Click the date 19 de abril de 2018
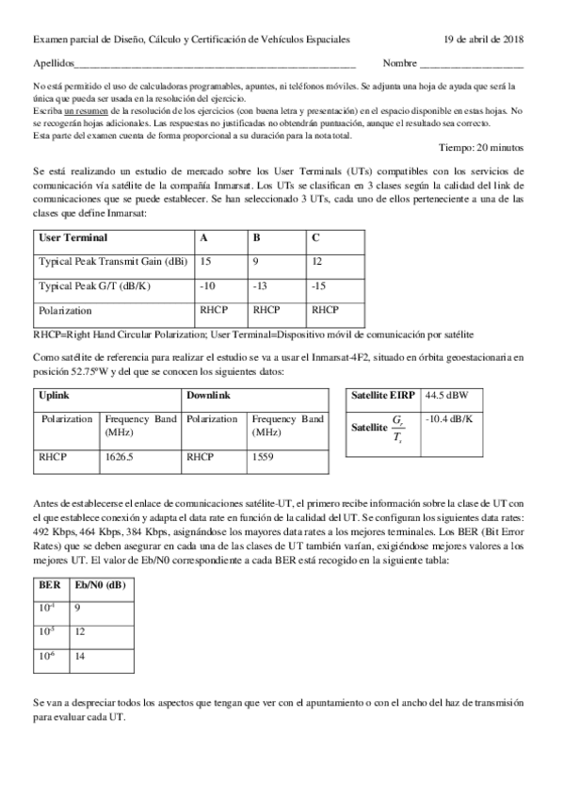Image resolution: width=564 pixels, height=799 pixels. pos(484,40)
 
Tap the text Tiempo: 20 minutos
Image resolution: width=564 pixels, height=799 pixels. pos(482,147)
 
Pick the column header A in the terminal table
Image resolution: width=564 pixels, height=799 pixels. pos(204,237)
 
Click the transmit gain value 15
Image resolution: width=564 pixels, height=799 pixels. pos(206,260)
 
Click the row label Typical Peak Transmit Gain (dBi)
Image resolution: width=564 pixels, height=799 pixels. pos(112,260)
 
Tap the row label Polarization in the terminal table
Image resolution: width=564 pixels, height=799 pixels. pos(65,309)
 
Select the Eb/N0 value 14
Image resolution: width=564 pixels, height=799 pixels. pos(80,656)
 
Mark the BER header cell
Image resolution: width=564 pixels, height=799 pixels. pos(49,584)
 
